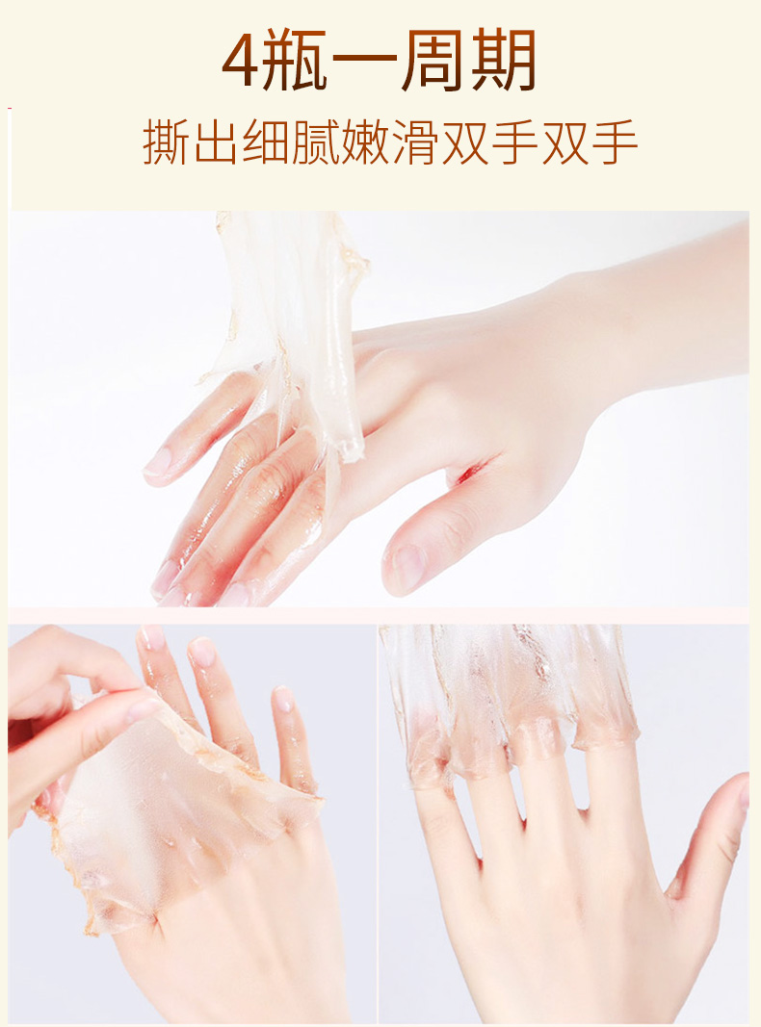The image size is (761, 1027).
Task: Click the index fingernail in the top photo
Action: (x=157, y=462)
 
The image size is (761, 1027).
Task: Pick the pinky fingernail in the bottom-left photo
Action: (x=282, y=700)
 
